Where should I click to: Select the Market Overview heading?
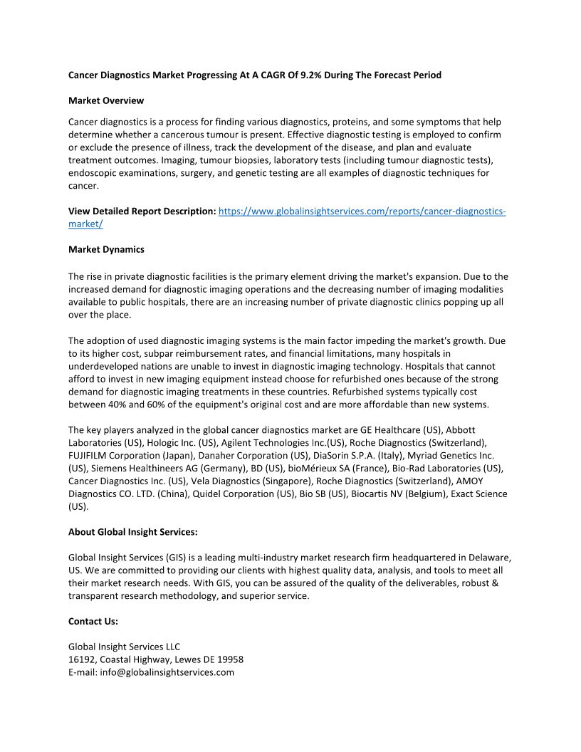pyautogui.click(x=106, y=100)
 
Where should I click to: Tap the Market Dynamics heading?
pyautogui.click(x=106, y=249)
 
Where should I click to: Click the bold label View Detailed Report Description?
pyautogui.click(x=142, y=211)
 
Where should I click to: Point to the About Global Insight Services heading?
pyautogui.click(x=133, y=531)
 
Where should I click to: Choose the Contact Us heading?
pyautogui.click(x=93, y=621)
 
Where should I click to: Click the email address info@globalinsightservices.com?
pyautogui.click(x=167, y=672)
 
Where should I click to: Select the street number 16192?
pyautogui.click(x=83, y=659)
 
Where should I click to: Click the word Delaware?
pyautogui.click(x=489, y=558)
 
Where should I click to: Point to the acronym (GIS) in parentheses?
pyautogui.click(x=178, y=558)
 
